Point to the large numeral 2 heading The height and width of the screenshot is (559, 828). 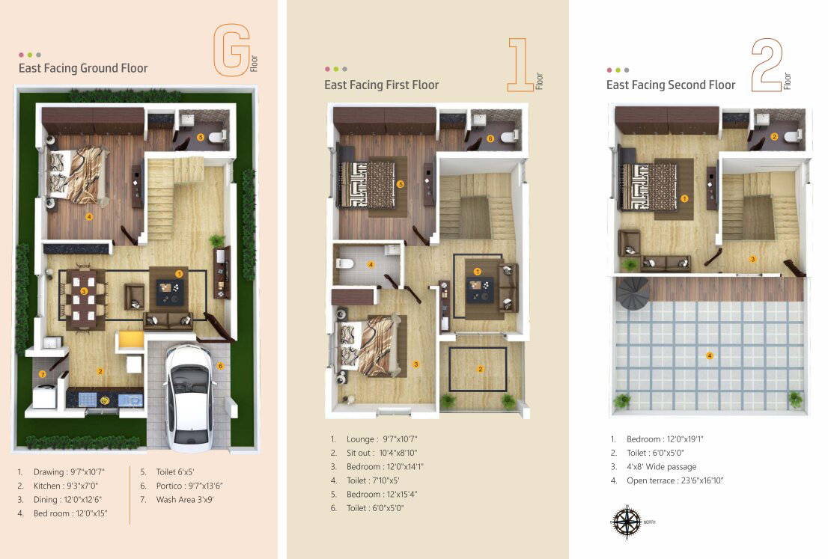point(766,66)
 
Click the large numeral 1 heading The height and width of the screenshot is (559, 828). point(520,65)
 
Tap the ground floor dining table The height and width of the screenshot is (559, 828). point(84,297)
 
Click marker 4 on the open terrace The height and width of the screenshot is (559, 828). point(710,355)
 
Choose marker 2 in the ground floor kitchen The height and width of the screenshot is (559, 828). point(99,370)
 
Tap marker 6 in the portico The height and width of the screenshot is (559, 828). point(220,366)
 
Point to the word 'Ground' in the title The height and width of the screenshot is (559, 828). point(103,68)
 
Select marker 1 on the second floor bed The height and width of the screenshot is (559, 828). point(684,198)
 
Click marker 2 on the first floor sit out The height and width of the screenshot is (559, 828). point(481,368)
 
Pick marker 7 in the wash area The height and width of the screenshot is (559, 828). point(43,373)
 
